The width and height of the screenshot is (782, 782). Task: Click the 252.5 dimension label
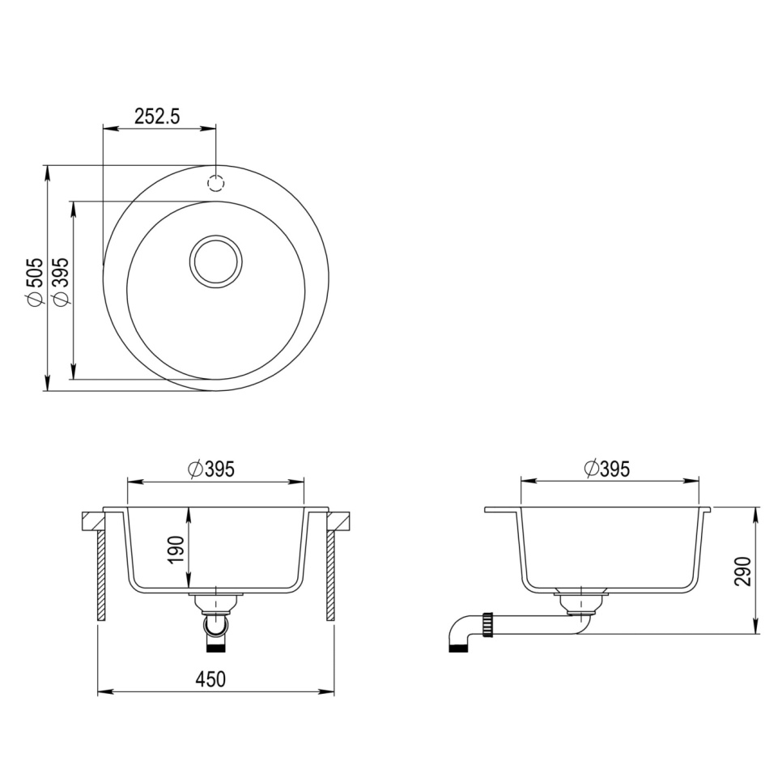157,116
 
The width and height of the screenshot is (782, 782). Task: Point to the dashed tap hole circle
216,182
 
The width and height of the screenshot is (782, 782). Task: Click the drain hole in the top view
215,261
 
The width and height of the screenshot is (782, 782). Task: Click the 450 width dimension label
211,679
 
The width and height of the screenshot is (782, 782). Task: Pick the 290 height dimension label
745,570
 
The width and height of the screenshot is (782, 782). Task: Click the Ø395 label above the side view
606,468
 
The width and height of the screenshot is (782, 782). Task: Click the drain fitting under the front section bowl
215,603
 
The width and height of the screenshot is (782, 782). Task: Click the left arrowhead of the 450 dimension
103,692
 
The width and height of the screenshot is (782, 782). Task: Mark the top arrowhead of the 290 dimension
757,512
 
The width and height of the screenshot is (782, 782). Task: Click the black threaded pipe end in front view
215,646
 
